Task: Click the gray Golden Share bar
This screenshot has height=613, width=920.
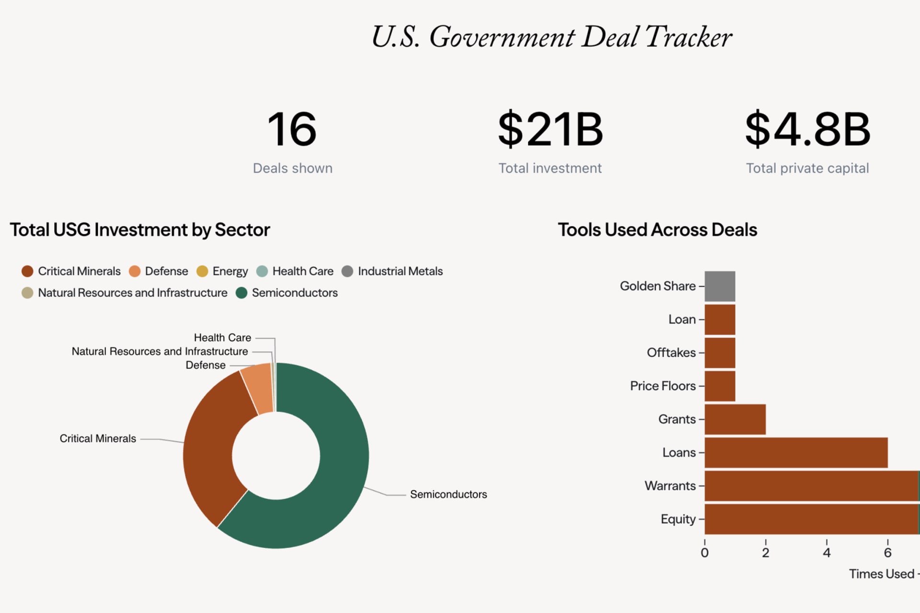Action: coord(720,286)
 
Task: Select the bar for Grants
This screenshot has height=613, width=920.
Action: coord(735,420)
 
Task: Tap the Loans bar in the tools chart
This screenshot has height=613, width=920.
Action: coord(795,453)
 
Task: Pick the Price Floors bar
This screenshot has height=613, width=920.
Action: coord(720,386)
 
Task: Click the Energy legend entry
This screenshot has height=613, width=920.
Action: coord(222,272)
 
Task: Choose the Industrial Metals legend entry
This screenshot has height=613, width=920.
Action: coord(392,272)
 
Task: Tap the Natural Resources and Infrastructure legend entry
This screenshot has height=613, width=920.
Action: coord(125,293)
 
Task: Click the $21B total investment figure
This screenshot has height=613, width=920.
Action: coord(550,129)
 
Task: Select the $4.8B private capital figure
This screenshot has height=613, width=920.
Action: coord(807,129)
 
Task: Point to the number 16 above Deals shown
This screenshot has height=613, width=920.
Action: coord(292,129)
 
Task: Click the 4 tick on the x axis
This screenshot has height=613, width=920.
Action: coord(827,553)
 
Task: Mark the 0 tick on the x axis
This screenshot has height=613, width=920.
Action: coord(704,553)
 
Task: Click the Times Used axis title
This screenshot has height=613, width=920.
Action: coord(881,574)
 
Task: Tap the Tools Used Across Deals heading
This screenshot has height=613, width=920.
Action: coord(657,230)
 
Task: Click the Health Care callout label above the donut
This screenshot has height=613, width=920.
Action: coord(222,338)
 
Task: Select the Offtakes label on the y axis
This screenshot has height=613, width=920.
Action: coord(671,353)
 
